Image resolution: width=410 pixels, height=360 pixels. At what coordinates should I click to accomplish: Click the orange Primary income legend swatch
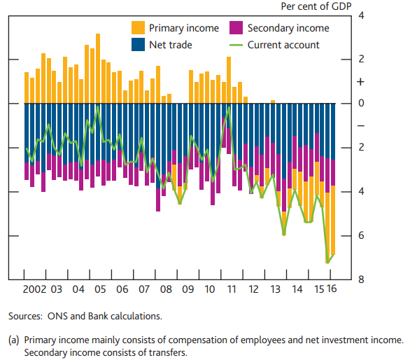[x=138, y=27]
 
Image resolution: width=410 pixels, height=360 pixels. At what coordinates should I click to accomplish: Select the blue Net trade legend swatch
[x=138, y=45]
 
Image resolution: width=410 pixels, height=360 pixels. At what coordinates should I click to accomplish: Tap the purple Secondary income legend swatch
[x=236, y=27]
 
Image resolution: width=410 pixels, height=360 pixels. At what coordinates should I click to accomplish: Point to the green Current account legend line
[x=236, y=45]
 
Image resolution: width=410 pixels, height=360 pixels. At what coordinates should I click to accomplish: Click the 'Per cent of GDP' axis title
[x=316, y=6]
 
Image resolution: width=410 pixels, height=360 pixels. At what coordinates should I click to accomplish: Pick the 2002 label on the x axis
[x=34, y=289]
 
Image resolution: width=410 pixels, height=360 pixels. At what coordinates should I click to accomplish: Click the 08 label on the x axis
[x=166, y=289]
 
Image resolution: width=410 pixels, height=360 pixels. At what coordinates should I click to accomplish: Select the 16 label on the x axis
[x=332, y=289]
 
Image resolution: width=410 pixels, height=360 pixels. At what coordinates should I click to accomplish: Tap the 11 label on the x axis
[x=232, y=289]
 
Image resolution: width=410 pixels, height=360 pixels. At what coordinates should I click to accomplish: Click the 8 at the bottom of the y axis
[x=361, y=279]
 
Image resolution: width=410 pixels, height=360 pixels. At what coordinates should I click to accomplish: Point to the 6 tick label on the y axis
[x=361, y=235]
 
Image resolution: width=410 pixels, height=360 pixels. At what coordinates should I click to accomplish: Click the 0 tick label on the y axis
[x=361, y=103]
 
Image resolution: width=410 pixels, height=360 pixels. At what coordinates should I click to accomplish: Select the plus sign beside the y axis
[x=360, y=82]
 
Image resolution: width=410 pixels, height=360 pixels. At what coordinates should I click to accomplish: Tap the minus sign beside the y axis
[x=361, y=126]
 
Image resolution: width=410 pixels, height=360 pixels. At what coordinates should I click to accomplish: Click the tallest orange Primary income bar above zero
[x=98, y=69]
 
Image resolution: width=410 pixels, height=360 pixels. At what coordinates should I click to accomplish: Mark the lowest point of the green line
[x=327, y=263]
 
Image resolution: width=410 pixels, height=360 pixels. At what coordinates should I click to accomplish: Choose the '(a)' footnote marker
[x=14, y=340]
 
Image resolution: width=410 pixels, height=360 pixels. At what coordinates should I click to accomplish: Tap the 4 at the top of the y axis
[x=361, y=15]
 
